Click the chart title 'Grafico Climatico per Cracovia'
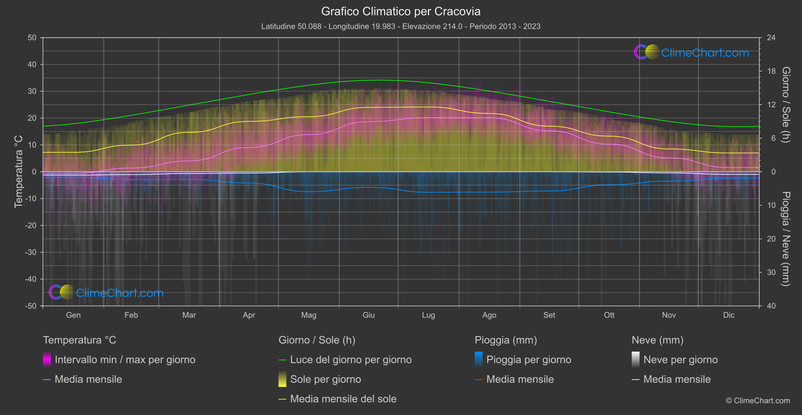pos(401,11)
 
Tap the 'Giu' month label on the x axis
pos(369,315)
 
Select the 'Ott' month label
pos(609,315)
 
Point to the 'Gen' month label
pos(74,315)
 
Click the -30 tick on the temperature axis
pos(31,253)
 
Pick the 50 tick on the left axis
pos(32,38)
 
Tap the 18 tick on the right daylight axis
pos(771,71)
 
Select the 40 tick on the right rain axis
pos(771,306)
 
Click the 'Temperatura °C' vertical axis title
pos(19,171)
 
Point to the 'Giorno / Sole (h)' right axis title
pos(786,105)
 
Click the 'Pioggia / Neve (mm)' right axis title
pos(786,239)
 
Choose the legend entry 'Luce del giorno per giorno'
pos(350,360)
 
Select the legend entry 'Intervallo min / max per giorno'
pos(125,360)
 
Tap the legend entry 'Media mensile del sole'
pos(343,399)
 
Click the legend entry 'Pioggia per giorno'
pos(529,360)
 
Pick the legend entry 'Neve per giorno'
pos(680,360)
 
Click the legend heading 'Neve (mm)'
pos(658,340)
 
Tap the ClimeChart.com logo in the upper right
pos(692,52)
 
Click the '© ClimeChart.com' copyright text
pos(758,400)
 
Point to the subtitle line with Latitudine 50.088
pos(401,26)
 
